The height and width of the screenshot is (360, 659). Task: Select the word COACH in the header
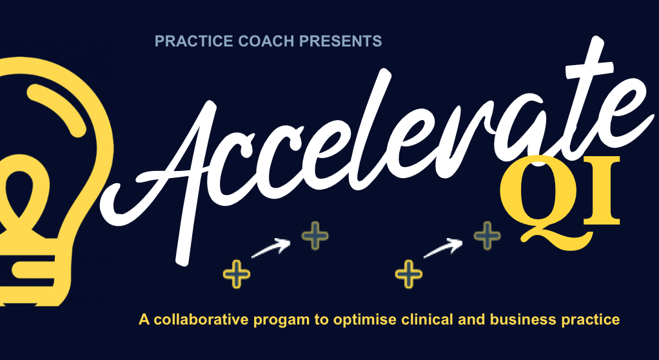[x=248, y=42]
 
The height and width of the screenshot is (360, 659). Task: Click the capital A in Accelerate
[x=161, y=161]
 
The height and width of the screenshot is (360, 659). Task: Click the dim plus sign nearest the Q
[x=487, y=236]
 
